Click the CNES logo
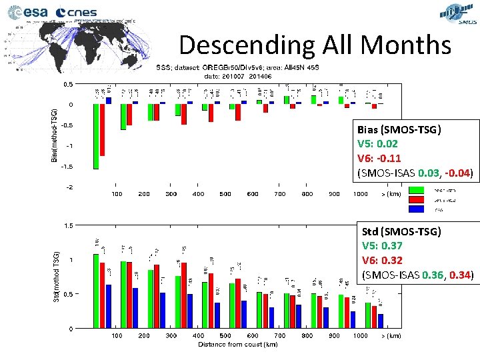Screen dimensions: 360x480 [77, 12]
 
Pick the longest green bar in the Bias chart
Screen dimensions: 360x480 [96, 136]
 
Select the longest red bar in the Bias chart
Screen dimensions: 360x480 [103, 129]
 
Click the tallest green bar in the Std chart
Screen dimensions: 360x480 [96, 291]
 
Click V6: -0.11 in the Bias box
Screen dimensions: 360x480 [380, 158]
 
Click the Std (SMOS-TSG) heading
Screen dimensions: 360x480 [401, 232]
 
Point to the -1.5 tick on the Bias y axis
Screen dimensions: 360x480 [68, 167]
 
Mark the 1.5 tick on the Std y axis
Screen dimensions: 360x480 [69, 225]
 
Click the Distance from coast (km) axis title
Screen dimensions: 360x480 [237, 344]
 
